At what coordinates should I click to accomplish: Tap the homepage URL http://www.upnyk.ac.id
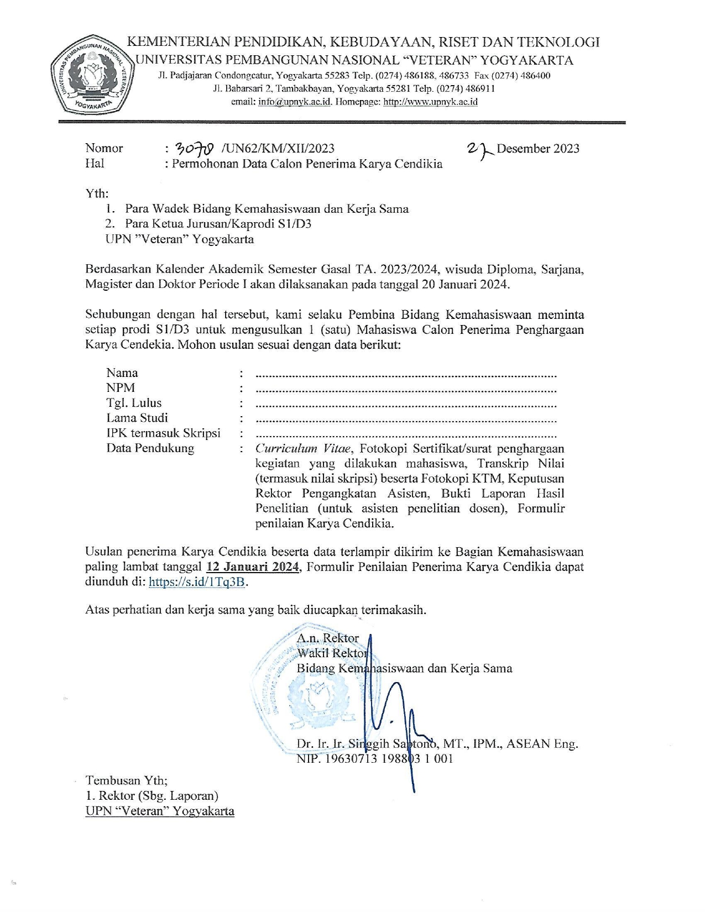(430, 102)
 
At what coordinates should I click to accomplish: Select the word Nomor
(104, 148)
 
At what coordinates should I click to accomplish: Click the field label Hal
(95, 163)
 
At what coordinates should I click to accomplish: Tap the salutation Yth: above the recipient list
(97, 193)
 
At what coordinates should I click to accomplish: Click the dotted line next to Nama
(406, 375)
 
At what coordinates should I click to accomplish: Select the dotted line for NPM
(406, 390)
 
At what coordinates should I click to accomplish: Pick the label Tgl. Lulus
(134, 403)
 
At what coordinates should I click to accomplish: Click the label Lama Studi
(137, 418)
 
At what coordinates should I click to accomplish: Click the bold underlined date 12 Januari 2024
(253, 567)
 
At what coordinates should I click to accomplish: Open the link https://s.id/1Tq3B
(197, 582)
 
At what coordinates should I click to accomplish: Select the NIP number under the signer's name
(374, 759)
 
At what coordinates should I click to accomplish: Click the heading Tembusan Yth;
(126, 780)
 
